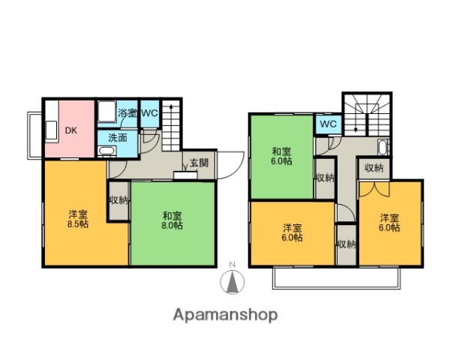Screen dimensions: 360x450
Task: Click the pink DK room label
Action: pyautogui.click(x=70, y=130)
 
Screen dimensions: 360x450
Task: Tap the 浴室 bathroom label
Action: pyautogui.click(x=127, y=113)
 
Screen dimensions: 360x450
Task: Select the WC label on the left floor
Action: pyautogui.click(x=149, y=113)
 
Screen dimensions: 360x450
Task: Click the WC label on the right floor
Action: pyautogui.click(x=328, y=124)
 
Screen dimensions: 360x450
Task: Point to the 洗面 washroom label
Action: pyautogui.click(x=118, y=137)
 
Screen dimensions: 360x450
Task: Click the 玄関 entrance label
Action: pyautogui.click(x=199, y=163)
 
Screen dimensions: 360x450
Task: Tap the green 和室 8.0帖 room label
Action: pyautogui.click(x=173, y=220)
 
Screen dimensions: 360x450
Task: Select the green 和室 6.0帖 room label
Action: pyautogui.click(x=283, y=155)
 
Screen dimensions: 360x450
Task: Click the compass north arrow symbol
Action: pyautogui.click(x=232, y=283)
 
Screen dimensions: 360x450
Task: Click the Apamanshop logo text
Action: pyautogui.click(x=226, y=314)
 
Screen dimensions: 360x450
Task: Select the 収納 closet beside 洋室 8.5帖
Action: pyautogui.click(x=118, y=200)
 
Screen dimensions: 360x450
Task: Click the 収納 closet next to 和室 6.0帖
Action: pyautogui.click(x=325, y=178)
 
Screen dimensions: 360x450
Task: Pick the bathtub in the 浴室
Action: pyautogui.click(x=106, y=113)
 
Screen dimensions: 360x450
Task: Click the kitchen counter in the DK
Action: pyautogui.click(x=51, y=130)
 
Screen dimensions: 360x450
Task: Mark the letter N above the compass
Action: pyautogui.click(x=232, y=264)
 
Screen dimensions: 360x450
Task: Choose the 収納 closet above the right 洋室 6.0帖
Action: pyautogui.click(x=374, y=168)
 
